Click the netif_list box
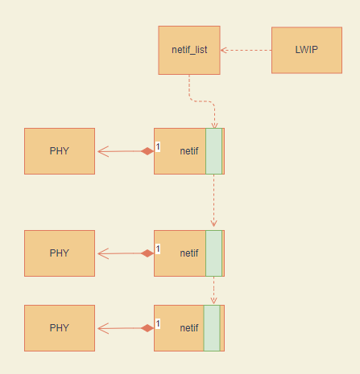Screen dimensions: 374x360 coord(189,50)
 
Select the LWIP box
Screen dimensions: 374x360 coord(306,50)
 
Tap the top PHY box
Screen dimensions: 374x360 coord(60,151)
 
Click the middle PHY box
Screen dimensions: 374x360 coord(60,253)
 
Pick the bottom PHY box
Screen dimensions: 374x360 coord(60,327)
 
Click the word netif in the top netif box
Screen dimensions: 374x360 coord(189,151)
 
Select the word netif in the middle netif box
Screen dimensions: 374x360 coord(189,253)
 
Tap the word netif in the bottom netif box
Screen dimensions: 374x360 coord(189,327)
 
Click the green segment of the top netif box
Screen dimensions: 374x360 coord(213,151)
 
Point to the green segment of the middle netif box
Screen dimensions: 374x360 coord(213,253)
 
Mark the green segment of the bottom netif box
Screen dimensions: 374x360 coord(211,327)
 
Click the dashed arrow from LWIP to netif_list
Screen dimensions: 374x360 coord(246,50)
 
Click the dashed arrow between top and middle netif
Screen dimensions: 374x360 coord(213,201)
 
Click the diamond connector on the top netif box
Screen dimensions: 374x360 coord(147,151)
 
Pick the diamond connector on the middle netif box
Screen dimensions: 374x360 coord(147,253)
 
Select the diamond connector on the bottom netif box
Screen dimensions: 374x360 coord(147,327)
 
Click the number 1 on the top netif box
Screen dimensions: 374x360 coord(158,147)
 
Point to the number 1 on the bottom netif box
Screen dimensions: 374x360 coord(158,323)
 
